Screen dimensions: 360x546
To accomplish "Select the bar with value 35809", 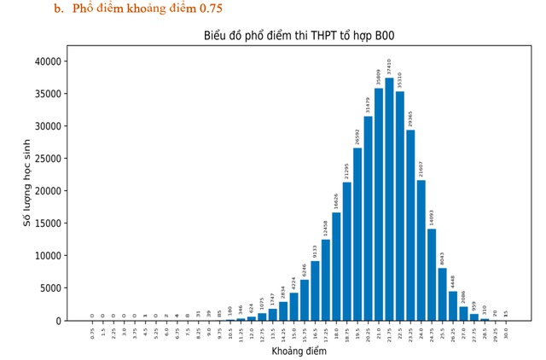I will click(x=379, y=205).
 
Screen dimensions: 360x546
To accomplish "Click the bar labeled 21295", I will click(x=347, y=252).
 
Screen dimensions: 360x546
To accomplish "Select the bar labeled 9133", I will click(x=315, y=291).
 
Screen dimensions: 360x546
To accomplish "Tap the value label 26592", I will click(x=357, y=136).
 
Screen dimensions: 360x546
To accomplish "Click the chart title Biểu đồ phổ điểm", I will click(x=298, y=36).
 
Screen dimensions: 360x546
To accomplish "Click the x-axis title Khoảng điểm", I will click(x=299, y=351).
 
